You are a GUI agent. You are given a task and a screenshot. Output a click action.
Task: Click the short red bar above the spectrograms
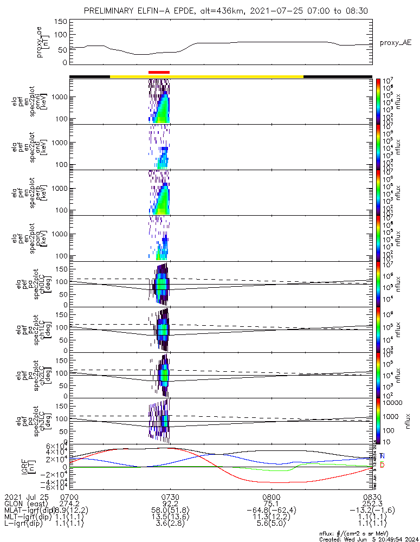point(159,72)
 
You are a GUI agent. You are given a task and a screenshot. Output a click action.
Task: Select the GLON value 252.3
point(372,504)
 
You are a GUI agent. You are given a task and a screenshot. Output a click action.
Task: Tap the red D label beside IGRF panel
point(382,465)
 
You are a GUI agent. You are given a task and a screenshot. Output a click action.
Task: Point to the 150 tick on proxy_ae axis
point(61,22)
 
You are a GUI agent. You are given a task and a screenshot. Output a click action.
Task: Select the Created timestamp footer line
point(367,539)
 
